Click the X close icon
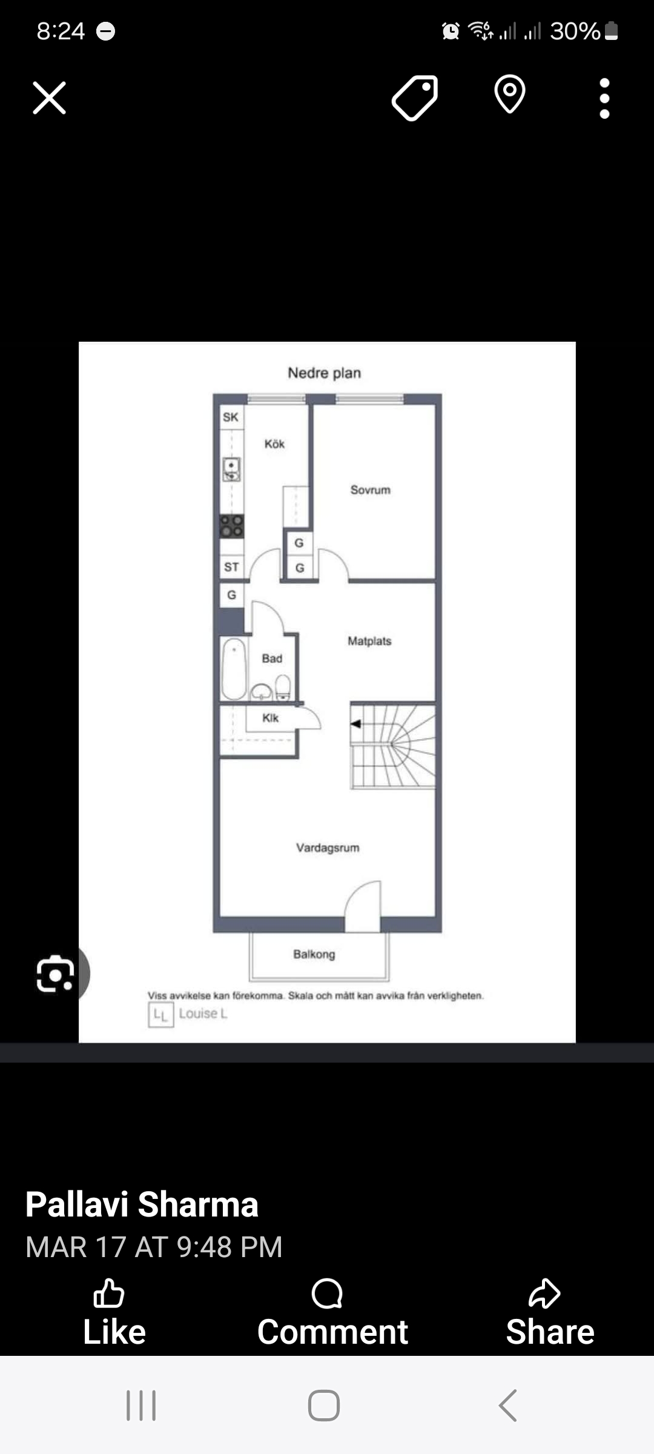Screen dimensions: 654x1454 [x=49, y=98]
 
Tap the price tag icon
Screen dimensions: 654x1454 [x=415, y=98]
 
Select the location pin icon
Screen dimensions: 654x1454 [x=510, y=94]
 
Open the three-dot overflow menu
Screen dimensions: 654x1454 [x=604, y=98]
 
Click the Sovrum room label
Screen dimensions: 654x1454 [x=371, y=490]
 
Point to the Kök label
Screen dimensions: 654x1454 [x=274, y=443]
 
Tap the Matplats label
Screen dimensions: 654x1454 [x=369, y=641]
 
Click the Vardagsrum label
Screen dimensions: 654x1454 [x=328, y=848]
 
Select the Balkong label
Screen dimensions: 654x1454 [x=314, y=954]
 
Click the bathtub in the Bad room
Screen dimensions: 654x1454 [x=234, y=668]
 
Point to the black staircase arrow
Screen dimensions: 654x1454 [x=356, y=723]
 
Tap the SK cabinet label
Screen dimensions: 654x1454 [x=230, y=417]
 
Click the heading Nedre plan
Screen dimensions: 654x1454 [x=324, y=373]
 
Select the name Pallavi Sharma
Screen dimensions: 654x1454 [x=142, y=1204]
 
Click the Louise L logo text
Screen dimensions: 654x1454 [x=203, y=1014]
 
